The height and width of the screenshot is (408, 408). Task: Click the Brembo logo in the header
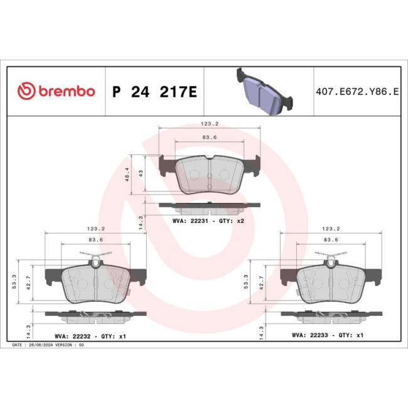(x=56, y=91)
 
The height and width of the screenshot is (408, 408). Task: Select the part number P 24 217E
(x=154, y=92)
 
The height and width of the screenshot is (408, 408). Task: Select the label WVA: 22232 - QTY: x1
(x=90, y=336)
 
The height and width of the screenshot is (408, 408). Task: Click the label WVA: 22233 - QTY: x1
(x=327, y=336)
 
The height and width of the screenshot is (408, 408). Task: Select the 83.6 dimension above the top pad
(x=209, y=137)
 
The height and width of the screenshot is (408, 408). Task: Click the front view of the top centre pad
(x=209, y=174)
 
